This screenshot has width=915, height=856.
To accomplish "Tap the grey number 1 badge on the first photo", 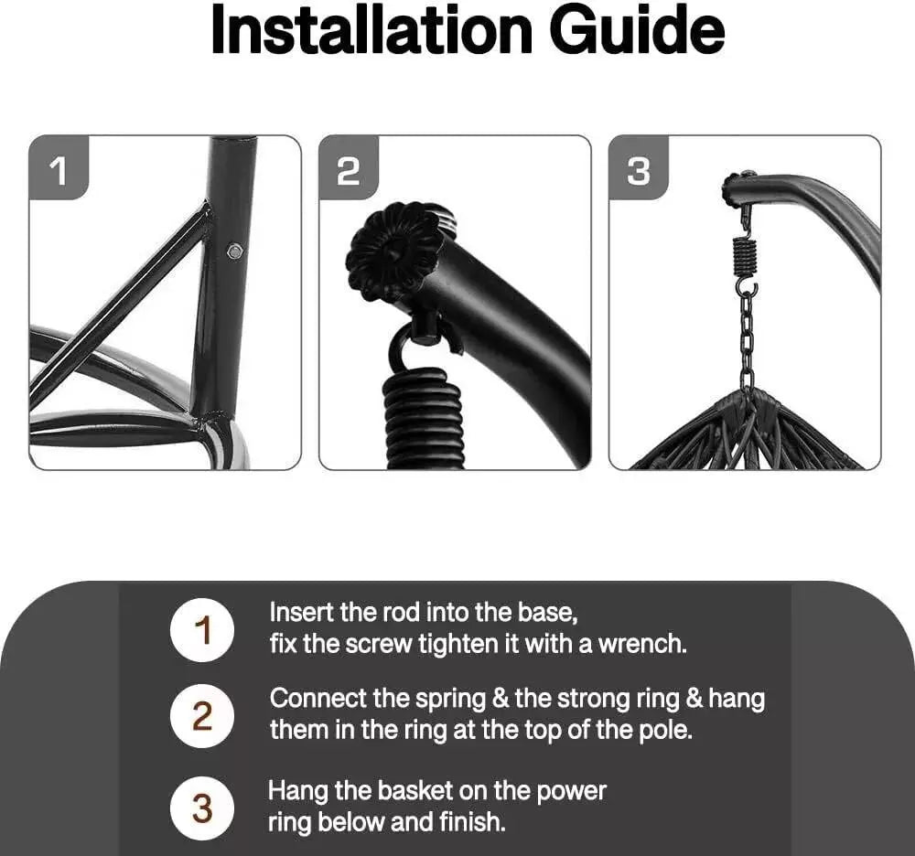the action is pos(59,168).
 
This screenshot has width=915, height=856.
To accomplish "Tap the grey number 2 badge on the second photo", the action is pos(349,168).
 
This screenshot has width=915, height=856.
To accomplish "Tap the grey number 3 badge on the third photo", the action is pos(639,168).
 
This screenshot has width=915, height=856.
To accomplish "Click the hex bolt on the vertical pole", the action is pos(235,251).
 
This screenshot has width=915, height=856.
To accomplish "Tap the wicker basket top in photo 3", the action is pos(748,431).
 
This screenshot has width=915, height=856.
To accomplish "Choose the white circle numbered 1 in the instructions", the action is pos(202,630).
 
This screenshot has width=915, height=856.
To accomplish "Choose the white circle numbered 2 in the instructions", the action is pos(202,716).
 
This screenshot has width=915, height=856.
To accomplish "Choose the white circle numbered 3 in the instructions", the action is pos(202,808).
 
